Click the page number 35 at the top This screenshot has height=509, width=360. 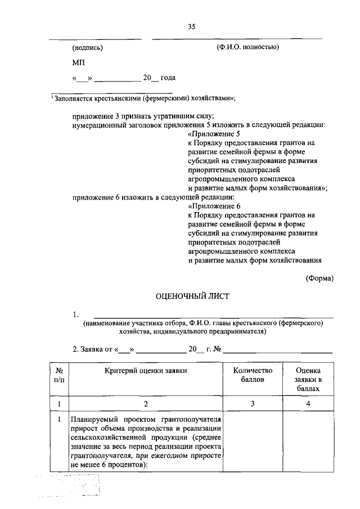coord(191,26)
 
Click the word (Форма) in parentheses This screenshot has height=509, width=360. coord(319,277)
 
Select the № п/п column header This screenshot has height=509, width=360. coord(59,375)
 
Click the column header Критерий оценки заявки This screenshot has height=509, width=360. coord(146,370)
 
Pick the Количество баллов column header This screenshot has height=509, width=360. coord(253,375)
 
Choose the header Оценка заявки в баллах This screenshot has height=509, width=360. coord(308,379)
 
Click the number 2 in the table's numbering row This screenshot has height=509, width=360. coord(146,403)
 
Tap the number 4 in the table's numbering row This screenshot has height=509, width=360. coord(308,403)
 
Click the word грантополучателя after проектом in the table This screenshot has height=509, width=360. coord(188,420)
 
